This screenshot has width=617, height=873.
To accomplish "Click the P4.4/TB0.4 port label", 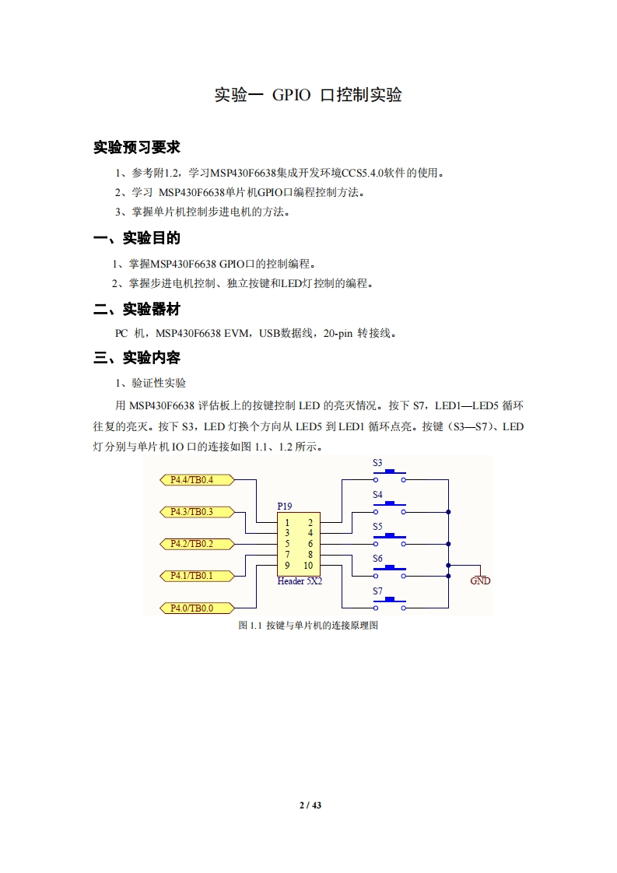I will (191, 479).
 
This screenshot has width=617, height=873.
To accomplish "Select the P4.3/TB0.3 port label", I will (191, 511).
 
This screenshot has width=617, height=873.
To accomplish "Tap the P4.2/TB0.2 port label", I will (191, 543).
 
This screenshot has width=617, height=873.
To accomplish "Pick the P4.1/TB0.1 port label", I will (191, 576).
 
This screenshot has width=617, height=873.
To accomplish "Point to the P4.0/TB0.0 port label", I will (191, 608).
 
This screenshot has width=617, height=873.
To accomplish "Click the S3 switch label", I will (377, 463).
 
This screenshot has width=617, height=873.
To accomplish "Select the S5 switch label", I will (377, 527).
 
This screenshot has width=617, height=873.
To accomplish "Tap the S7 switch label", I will (377, 591).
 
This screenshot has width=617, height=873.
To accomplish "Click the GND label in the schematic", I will (481, 581).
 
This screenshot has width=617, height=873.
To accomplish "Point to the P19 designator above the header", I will (285, 506).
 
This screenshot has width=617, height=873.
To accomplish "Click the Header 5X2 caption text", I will (300, 581).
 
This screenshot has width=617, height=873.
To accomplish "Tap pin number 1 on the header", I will (287, 522).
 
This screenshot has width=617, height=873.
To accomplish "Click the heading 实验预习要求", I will (137, 147).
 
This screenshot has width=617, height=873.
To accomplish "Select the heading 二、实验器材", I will (137, 309).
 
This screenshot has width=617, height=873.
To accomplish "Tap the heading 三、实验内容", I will (137, 358).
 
